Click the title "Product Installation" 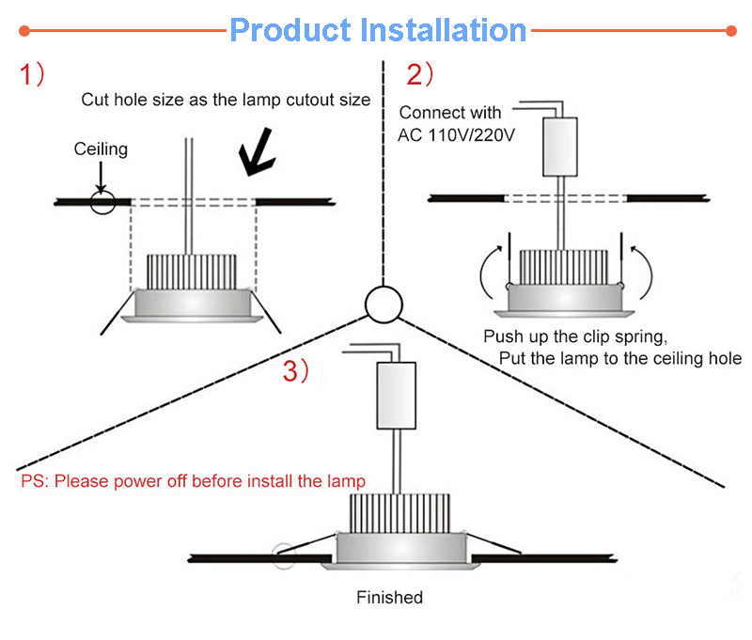pyautogui.click(x=377, y=30)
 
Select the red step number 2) pyautogui.click(x=420, y=74)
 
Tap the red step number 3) pyautogui.click(x=296, y=371)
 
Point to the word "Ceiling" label pyautogui.click(x=101, y=149)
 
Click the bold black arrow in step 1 pyautogui.click(x=257, y=150)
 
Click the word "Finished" pyautogui.click(x=389, y=598)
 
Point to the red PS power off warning pyautogui.click(x=193, y=482)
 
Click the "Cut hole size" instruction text pyautogui.click(x=226, y=100)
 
